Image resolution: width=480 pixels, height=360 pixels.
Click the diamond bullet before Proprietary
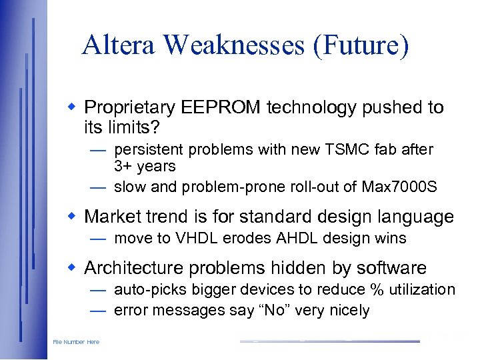point(74,107)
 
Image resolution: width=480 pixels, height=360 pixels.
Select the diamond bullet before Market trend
point(74,217)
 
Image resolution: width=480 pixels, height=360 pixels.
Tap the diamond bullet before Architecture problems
point(74,268)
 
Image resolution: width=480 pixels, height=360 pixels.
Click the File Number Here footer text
point(76,342)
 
